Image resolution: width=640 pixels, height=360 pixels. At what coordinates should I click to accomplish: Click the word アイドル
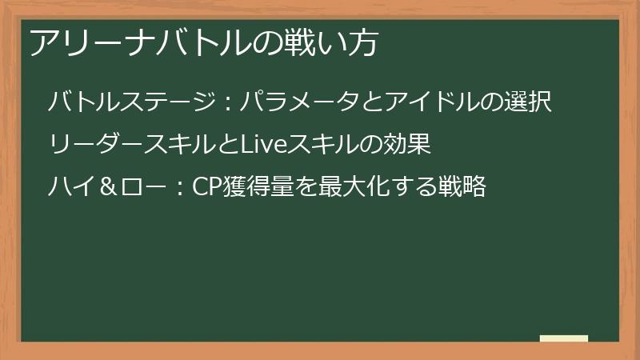[x=431, y=102]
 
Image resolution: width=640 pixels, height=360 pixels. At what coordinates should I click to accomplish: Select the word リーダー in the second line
[x=96, y=144]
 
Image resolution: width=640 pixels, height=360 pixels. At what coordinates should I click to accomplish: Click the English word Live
[x=264, y=144]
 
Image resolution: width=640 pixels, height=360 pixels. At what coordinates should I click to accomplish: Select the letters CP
[x=207, y=187]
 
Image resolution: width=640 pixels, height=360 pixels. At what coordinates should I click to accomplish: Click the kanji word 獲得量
[x=258, y=186]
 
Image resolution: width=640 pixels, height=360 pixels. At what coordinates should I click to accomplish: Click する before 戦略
[x=414, y=186]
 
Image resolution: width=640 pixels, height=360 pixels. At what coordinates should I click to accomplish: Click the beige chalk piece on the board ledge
[x=564, y=338]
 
